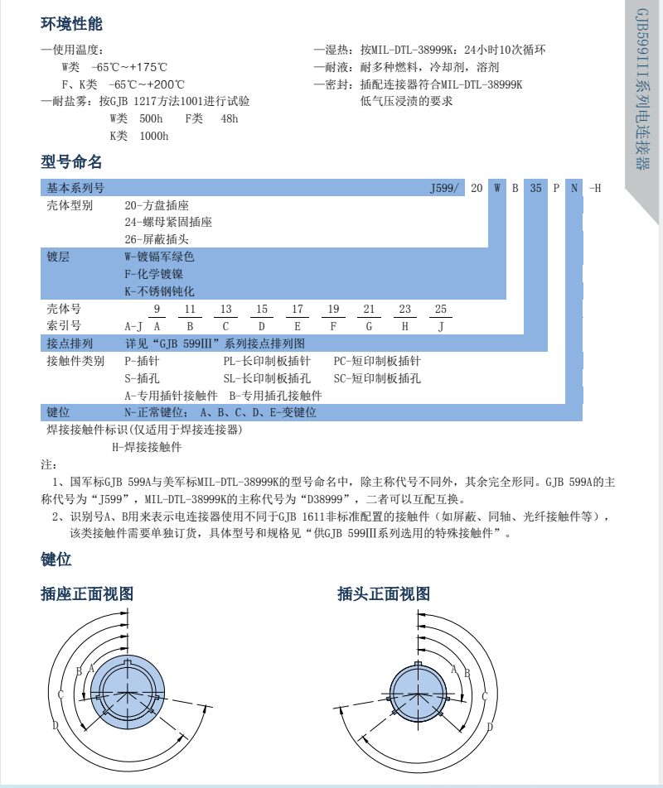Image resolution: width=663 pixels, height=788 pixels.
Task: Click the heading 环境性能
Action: click(71, 24)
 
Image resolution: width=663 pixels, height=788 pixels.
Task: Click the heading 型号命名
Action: click(71, 161)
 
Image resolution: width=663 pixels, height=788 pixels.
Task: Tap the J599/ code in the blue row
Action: click(444, 188)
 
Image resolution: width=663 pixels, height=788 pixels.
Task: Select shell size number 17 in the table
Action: click(297, 310)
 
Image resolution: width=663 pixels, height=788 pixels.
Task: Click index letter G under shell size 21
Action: click(369, 326)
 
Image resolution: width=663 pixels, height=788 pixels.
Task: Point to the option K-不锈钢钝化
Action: click(159, 291)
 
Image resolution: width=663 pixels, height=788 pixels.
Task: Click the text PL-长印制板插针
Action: click(267, 361)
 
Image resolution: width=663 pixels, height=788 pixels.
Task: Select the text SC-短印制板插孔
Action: click(377, 378)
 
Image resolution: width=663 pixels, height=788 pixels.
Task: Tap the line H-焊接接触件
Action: click(147, 447)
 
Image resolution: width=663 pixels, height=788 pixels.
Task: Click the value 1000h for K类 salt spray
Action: click(153, 136)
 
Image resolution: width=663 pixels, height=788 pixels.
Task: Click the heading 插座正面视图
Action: click(87, 593)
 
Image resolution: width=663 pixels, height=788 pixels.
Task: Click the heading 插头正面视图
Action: click(384, 593)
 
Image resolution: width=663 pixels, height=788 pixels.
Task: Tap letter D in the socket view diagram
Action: click(55, 726)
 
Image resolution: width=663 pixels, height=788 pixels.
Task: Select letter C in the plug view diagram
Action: click(484, 697)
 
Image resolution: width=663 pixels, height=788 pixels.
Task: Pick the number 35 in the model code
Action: click(535, 188)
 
